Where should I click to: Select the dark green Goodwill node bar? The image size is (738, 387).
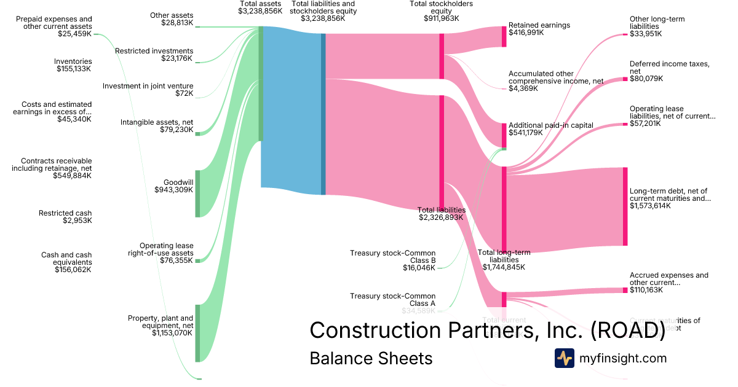pyautogui.click(x=197, y=193)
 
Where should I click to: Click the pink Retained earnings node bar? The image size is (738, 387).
pyautogui.click(x=504, y=37)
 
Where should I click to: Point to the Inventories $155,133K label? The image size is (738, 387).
pyautogui.click(x=73, y=65)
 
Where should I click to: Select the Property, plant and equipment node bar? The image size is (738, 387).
pyautogui.click(x=197, y=333)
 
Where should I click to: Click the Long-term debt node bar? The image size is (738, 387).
pyautogui.click(x=625, y=206)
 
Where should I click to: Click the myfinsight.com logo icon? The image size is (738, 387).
pyautogui.click(x=564, y=358)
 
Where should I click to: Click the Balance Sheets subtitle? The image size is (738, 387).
pyautogui.click(x=371, y=358)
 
